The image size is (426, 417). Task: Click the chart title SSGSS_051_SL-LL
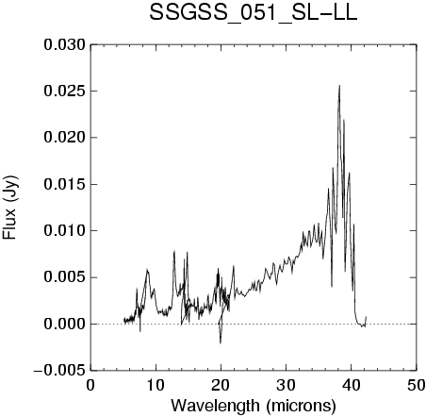coord(254,13)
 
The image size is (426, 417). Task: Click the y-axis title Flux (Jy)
coord(9,208)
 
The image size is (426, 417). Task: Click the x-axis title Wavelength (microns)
coord(254,406)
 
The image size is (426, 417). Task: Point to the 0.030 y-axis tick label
coord(65,44)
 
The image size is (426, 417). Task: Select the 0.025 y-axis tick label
coord(65,92)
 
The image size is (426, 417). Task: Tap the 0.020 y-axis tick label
coord(65,138)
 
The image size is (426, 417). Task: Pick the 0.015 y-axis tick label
coord(65,184)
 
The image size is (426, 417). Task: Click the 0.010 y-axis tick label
coord(65,231)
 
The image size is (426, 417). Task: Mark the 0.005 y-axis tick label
coord(65,277)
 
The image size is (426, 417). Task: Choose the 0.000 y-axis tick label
coord(65,324)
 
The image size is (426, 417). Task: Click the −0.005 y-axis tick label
coord(59,371)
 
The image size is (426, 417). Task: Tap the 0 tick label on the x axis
coord(90,385)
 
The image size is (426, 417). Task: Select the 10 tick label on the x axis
coord(156,385)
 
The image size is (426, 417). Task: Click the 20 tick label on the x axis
coord(221,385)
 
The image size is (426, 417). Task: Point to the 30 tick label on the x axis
coord(287,385)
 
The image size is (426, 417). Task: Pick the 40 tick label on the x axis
coord(352,385)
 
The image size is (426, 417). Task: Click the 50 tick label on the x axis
coord(417,385)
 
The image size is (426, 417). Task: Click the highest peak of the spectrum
coord(339,86)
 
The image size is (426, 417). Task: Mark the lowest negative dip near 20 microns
coord(221,343)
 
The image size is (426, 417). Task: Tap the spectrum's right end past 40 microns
coord(366,317)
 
